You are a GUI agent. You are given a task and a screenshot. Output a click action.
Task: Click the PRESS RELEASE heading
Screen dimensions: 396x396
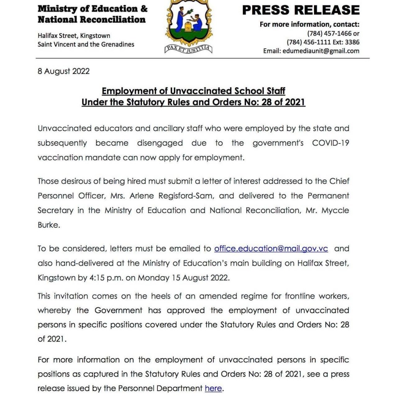click(x=301, y=10)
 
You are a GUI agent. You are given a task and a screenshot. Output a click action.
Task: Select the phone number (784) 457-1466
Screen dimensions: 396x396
click(x=329, y=34)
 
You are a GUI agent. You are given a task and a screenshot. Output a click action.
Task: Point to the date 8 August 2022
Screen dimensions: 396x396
click(x=63, y=71)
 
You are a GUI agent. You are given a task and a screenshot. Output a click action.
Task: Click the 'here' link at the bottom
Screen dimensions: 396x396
click(x=213, y=388)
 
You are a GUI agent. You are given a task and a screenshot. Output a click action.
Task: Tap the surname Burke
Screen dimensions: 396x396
click(x=49, y=225)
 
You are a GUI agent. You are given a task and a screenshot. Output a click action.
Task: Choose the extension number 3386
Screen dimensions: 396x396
click(x=351, y=42)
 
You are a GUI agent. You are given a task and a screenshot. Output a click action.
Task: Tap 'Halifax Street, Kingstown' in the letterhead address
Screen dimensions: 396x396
click(x=74, y=36)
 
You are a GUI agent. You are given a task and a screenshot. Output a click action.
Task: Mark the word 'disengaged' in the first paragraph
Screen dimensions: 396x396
click(x=160, y=143)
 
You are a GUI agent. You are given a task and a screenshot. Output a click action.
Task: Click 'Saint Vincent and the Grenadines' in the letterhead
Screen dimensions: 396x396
click(x=86, y=44)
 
